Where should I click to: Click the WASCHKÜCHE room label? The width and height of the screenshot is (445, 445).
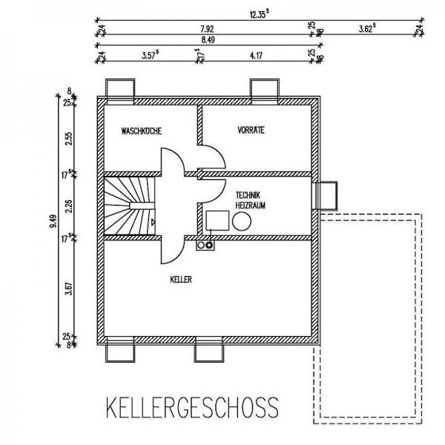tap(141, 131)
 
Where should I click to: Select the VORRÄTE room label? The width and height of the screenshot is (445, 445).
tap(251, 130)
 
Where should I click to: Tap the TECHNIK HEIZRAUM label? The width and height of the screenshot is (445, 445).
tap(251, 196)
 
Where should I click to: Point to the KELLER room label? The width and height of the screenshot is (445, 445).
tap(181, 280)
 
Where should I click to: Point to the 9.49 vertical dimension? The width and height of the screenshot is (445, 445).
tap(50, 220)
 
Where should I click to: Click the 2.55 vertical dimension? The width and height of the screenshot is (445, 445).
tap(68, 139)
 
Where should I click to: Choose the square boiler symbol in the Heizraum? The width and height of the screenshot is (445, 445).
tap(217, 220)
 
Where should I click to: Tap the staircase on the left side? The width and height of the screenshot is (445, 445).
tap(129, 205)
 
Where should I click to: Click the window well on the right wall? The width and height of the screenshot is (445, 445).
tap(329, 196)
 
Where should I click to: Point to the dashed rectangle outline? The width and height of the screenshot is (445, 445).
tap(368, 319)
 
